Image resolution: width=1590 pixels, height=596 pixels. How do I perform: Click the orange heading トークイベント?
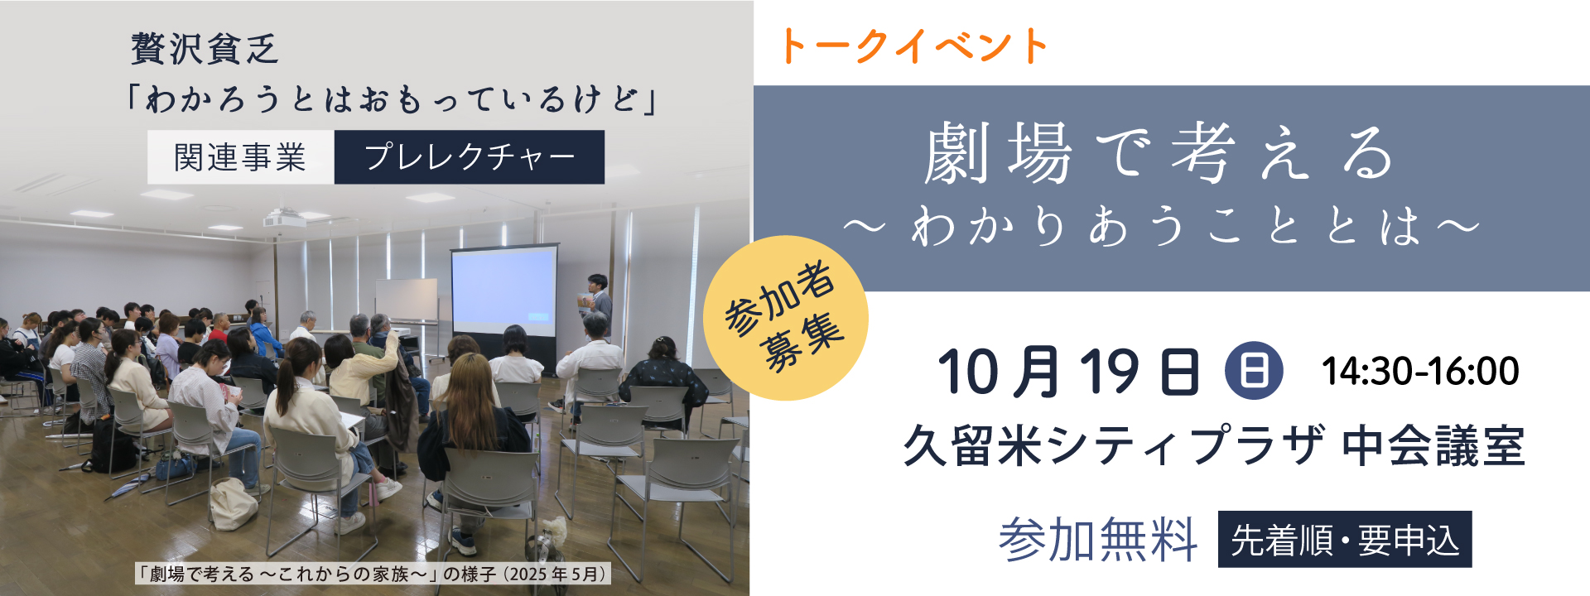click(x=913, y=46)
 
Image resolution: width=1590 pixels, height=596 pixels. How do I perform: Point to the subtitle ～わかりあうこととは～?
click(x=1160, y=225)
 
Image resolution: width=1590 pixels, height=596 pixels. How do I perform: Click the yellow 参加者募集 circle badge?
click(x=785, y=318)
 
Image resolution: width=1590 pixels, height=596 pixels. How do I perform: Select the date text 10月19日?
click(x=1069, y=372)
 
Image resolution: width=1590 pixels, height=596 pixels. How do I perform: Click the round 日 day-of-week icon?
click(x=1254, y=371)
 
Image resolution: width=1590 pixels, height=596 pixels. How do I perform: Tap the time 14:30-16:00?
click(x=1420, y=372)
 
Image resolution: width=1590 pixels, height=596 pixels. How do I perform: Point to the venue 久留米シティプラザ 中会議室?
click(x=1214, y=446)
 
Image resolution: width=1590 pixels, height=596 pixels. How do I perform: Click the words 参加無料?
click(x=1098, y=540)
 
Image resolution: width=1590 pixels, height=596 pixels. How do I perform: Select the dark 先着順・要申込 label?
click(x=1345, y=540)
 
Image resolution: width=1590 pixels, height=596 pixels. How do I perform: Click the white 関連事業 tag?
click(x=241, y=157)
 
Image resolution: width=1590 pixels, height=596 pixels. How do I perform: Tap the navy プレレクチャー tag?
click(x=470, y=157)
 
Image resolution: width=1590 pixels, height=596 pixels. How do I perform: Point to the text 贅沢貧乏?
click(x=205, y=49)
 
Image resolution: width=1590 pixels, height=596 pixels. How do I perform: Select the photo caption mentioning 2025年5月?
click(x=373, y=574)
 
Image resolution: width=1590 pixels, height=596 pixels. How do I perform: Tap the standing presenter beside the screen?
click(x=597, y=305)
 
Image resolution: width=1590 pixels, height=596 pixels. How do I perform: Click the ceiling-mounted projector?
click(x=285, y=220)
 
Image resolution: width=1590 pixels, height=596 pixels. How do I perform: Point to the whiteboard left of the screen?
click(x=407, y=300)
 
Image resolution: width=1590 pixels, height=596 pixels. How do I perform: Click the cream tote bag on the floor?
click(x=233, y=504)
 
